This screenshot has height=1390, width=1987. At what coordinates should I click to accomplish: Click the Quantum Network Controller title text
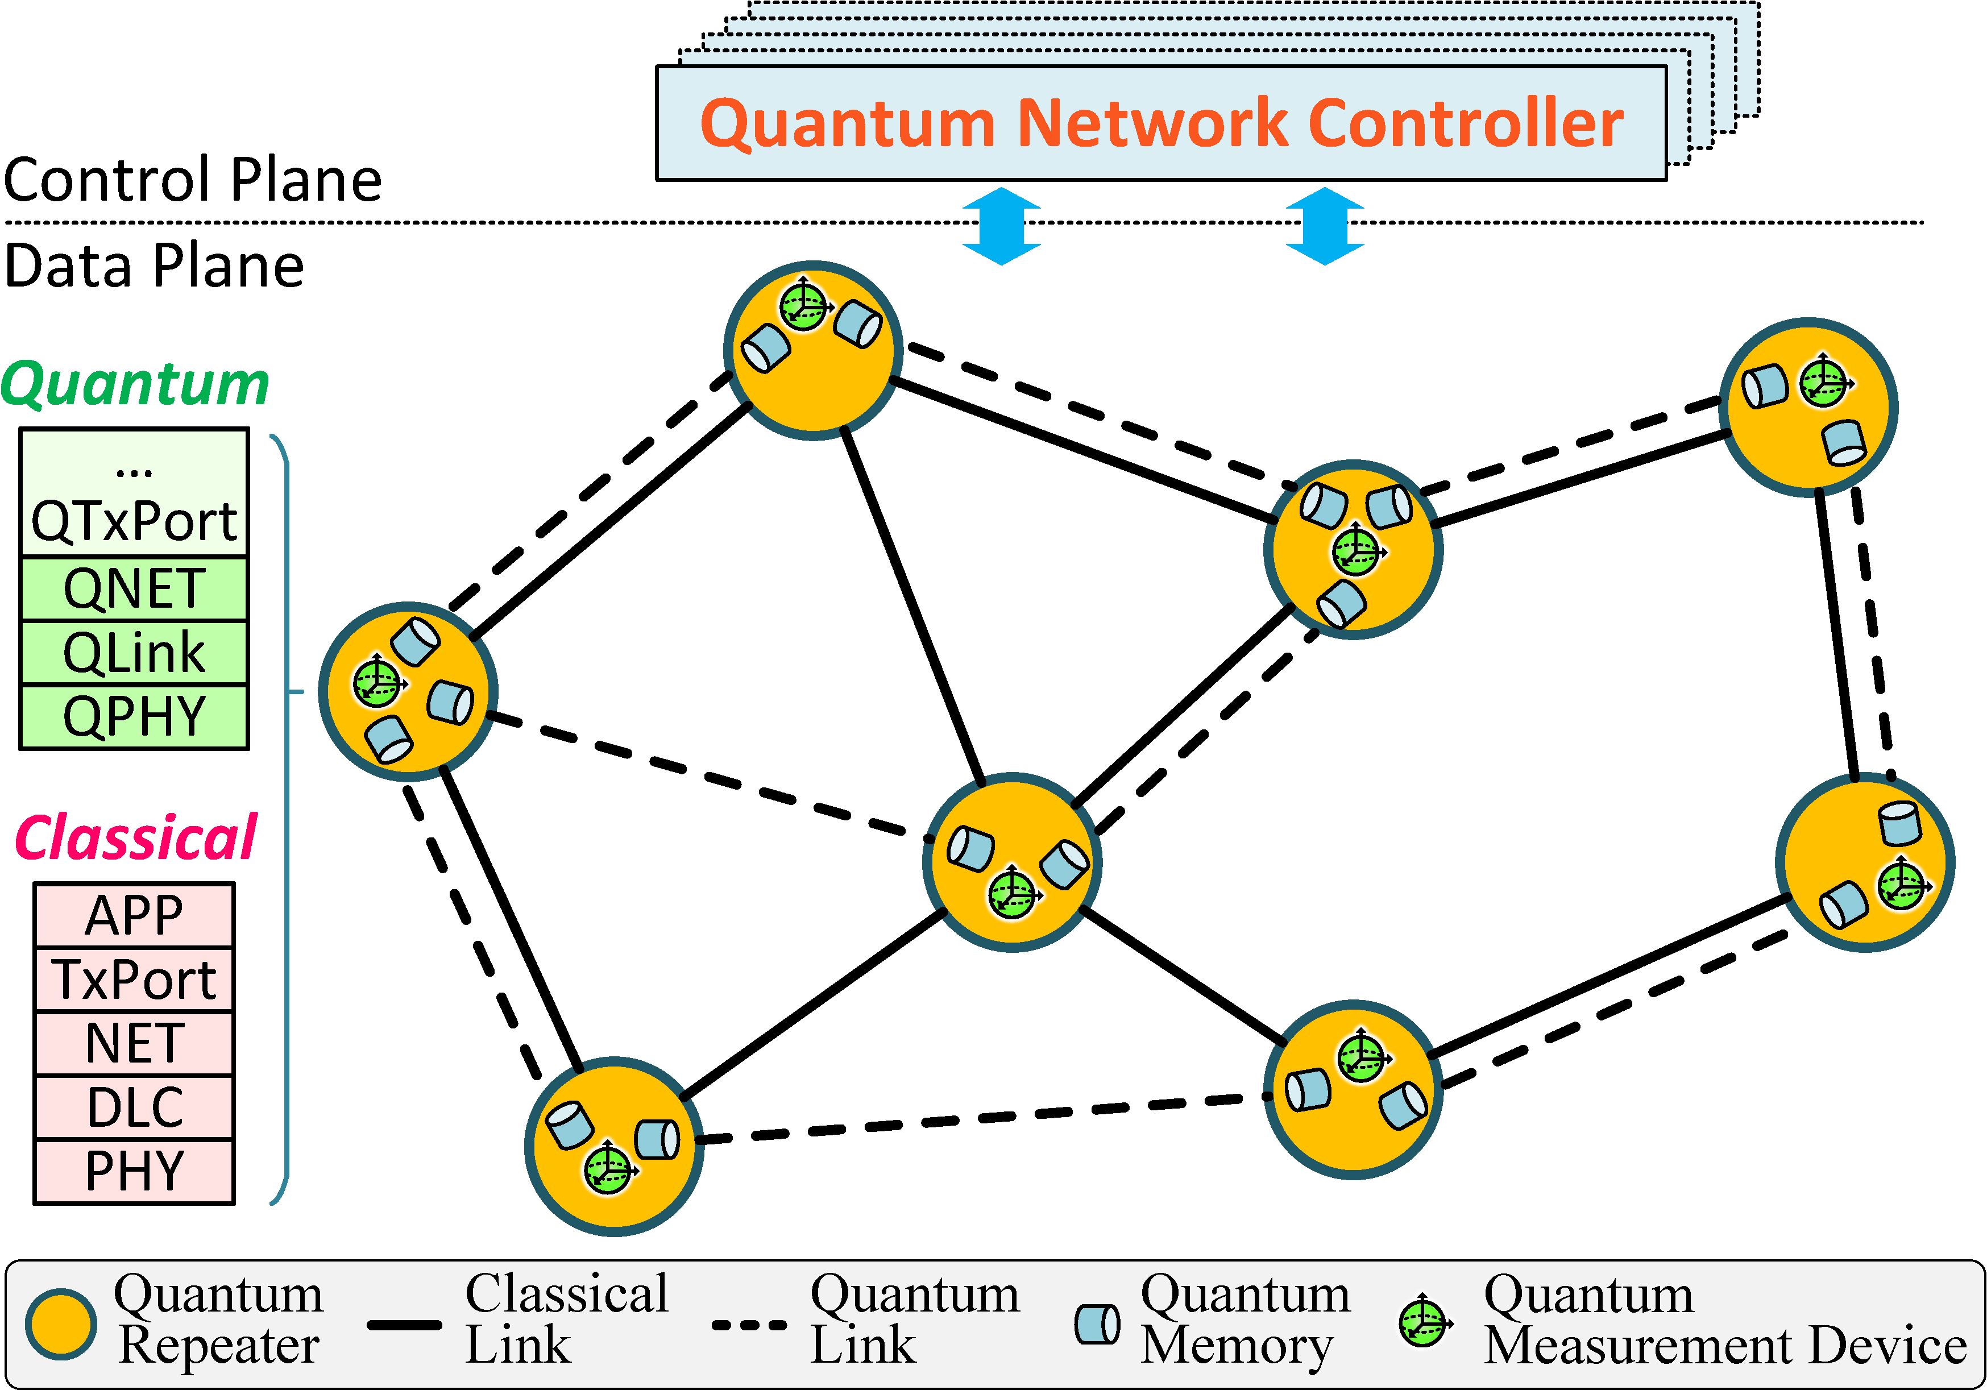click(x=1161, y=123)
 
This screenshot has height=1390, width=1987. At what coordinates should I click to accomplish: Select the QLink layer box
click(x=134, y=653)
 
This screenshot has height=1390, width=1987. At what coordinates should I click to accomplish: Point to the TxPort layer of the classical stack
click(x=134, y=980)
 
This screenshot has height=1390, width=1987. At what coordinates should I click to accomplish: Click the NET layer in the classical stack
click(x=134, y=1043)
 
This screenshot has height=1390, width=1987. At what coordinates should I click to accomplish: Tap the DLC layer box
click(x=134, y=1107)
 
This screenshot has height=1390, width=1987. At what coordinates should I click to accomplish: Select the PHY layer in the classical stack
click(x=134, y=1171)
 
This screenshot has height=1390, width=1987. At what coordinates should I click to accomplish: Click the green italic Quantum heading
click(x=135, y=383)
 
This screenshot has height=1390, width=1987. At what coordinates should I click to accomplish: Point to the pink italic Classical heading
click(x=136, y=838)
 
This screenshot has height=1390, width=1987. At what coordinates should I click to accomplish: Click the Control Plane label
click(x=192, y=180)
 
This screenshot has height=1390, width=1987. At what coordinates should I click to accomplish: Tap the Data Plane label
click(x=154, y=265)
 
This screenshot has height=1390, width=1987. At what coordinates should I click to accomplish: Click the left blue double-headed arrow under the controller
click(x=1001, y=226)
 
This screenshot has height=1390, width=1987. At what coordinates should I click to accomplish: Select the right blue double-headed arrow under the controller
click(x=1325, y=226)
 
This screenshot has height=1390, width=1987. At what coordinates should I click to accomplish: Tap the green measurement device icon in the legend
click(x=1424, y=1322)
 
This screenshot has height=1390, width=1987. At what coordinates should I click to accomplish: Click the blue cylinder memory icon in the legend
click(x=1097, y=1324)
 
